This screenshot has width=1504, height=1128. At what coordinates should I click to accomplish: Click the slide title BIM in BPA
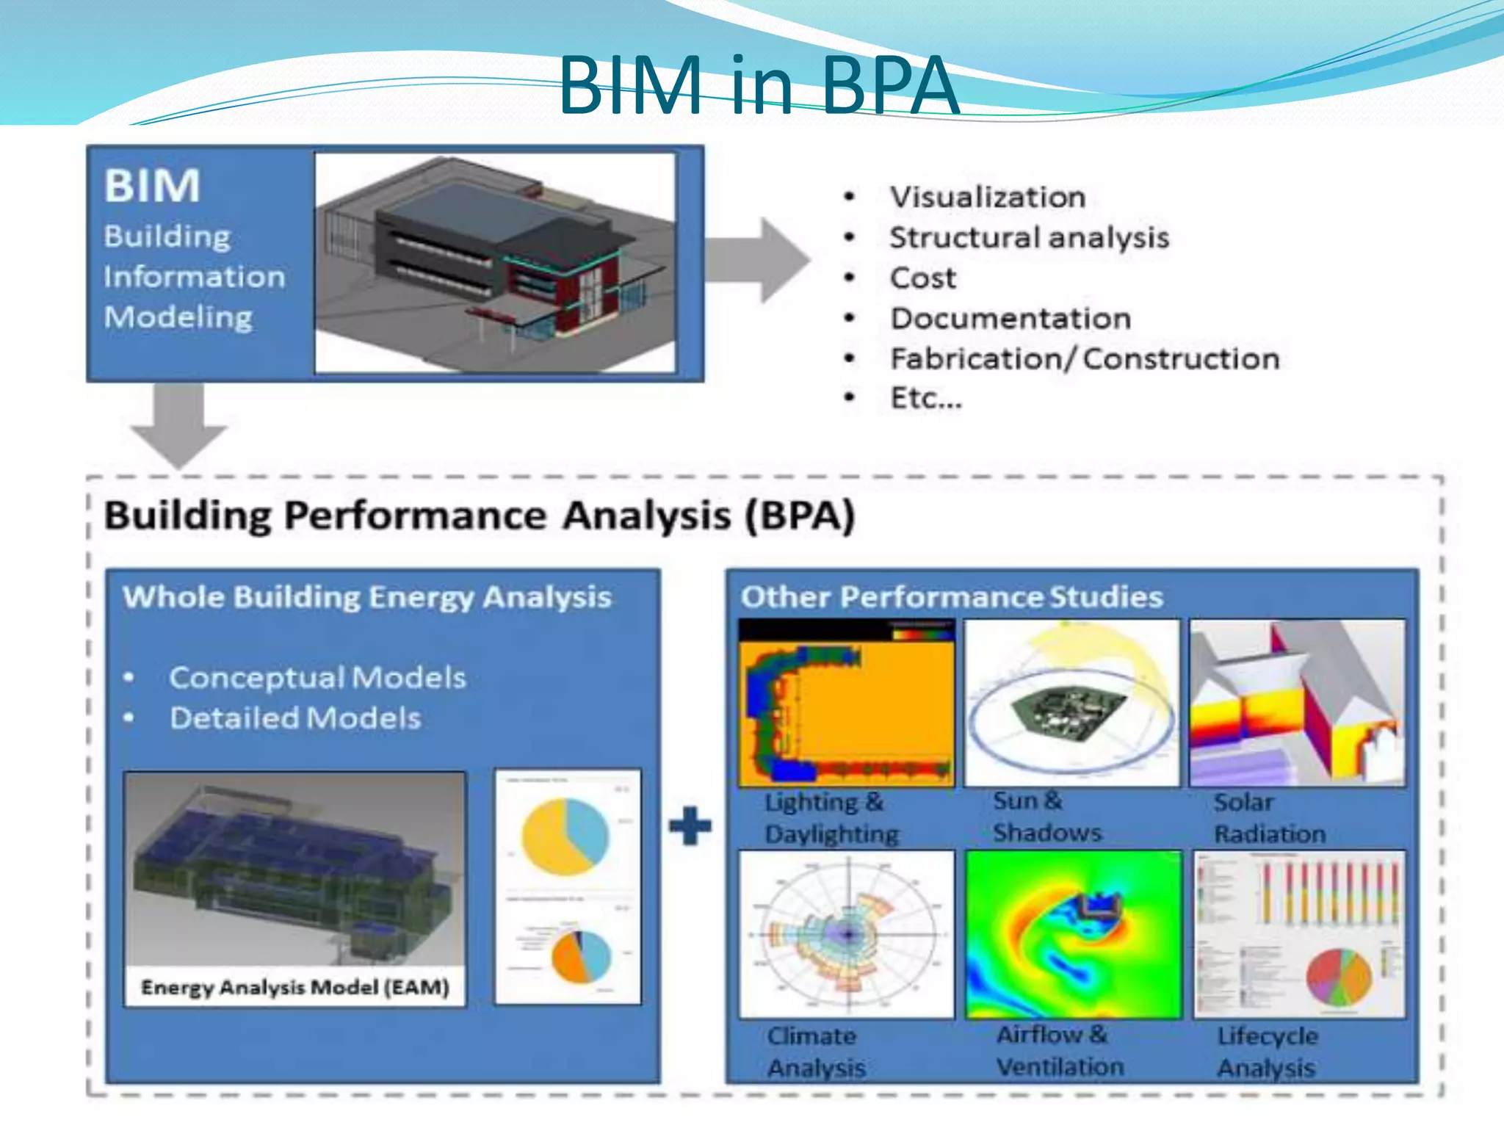pyautogui.click(x=758, y=87)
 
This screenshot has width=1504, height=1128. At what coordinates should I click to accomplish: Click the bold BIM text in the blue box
pyautogui.click(x=152, y=185)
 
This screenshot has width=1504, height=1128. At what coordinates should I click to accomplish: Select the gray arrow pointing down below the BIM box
pyautogui.click(x=178, y=426)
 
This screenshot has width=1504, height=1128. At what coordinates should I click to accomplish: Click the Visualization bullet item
pyautogui.click(x=987, y=197)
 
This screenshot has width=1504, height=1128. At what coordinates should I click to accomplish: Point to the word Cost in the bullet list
pyautogui.click(x=922, y=278)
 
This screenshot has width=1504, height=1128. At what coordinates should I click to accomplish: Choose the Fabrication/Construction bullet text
pyautogui.click(x=1084, y=358)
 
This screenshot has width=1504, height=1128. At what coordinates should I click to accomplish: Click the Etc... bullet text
pyautogui.click(x=925, y=398)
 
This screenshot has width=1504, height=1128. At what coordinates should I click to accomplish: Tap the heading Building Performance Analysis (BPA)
pyautogui.click(x=479, y=515)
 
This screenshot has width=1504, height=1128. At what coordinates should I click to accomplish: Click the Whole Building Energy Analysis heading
pyautogui.click(x=366, y=596)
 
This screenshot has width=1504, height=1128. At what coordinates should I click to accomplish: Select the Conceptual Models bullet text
pyautogui.click(x=317, y=677)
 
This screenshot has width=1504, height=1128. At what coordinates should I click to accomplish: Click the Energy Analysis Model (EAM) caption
pyautogui.click(x=294, y=987)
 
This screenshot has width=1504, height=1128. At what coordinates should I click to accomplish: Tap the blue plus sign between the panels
pyautogui.click(x=690, y=825)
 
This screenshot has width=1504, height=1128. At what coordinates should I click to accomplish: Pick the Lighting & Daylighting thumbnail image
pyautogui.click(x=846, y=703)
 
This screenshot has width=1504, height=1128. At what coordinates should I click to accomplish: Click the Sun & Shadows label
pyautogui.click(x=1046, y=817)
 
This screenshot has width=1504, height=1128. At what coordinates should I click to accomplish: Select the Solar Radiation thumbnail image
pyautogui.click(x=1297, y=703)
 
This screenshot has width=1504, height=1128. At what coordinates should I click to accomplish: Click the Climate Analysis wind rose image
pyautogui.click(x=846, y=934)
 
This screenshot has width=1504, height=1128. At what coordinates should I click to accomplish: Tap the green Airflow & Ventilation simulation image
pyautogui.click(x=1073, y=934)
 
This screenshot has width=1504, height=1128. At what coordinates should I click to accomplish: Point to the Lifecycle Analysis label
pyautogui.click(x=1267, y=1052)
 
